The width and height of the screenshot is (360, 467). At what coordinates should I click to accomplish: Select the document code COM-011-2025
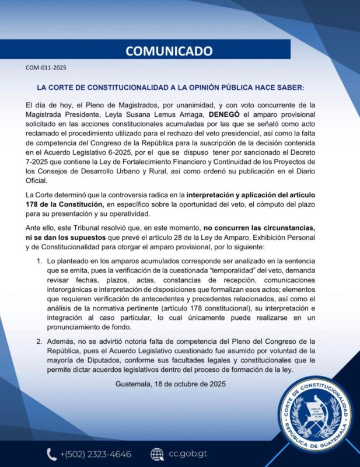point(46,68)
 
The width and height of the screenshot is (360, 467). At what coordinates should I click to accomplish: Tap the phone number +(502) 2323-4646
point(96,454)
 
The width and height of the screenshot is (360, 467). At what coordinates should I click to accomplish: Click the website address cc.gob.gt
point(188,454)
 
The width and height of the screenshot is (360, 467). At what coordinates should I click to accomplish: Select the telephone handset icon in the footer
point(51,454)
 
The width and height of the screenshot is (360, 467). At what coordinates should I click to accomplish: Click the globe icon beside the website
point(156,454)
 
